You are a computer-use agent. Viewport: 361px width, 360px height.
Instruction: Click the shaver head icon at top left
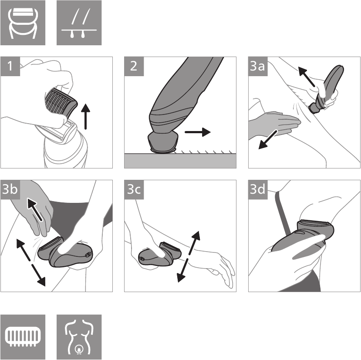tap(23, 23)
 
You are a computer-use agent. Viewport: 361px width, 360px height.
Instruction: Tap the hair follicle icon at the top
tap(79, 23)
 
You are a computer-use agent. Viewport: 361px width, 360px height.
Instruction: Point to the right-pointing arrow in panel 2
tap(197, 131)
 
